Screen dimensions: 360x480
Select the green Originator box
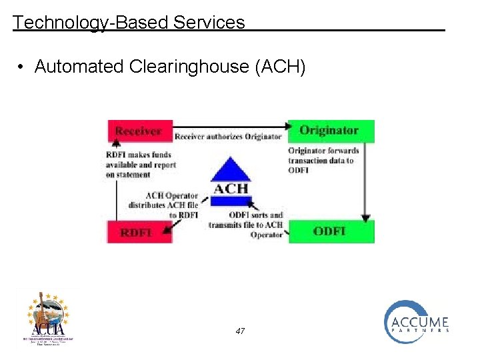[331, 131]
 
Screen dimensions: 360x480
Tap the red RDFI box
[137, 232]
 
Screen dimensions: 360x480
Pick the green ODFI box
[331, 231]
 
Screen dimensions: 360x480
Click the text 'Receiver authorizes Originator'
[227, 137]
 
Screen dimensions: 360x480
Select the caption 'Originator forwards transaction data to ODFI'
[324, 160]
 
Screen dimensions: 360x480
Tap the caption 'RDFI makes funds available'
[138, 165]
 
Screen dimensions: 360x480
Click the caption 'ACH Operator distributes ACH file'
[171, 205]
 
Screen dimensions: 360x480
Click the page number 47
[240, 331]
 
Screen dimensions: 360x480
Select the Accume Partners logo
[416, 322]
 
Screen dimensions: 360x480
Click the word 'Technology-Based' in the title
[91, 23]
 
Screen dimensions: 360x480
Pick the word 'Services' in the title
[209, 23]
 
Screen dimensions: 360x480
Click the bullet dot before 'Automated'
[22, 67]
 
